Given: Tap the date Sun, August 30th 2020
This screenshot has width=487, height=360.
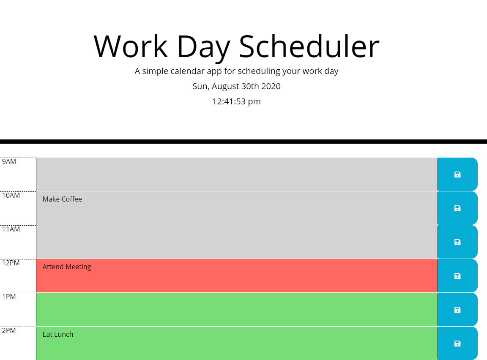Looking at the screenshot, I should pos(236,86).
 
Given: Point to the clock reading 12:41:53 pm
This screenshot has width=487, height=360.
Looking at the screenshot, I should pos(236,101).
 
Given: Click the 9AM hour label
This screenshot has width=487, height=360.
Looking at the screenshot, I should pos(9,161).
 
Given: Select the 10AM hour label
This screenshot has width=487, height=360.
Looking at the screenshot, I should pos(11,195).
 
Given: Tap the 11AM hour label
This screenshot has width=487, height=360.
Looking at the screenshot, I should pos(11,229).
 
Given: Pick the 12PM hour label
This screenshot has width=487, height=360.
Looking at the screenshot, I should pos(11,263).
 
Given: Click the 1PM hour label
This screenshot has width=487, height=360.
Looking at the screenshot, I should pos(9,297).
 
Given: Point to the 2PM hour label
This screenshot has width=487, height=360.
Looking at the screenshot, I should pos(9,330).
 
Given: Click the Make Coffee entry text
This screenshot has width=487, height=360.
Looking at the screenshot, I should pos(62,199).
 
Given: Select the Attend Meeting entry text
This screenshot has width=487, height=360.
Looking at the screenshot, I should pos(67,267).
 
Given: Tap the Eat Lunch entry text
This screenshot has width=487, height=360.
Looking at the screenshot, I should pos(58,334).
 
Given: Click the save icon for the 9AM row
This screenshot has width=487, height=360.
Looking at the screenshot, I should pos(457,175).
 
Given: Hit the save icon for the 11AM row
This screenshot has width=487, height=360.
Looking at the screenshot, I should pos(457,242).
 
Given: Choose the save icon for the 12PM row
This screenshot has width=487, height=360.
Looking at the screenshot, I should pos(457,276).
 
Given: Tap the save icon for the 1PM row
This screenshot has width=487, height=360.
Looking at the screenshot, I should pos(457,310).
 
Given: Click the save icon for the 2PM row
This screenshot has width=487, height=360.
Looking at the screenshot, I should pos(457,344).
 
